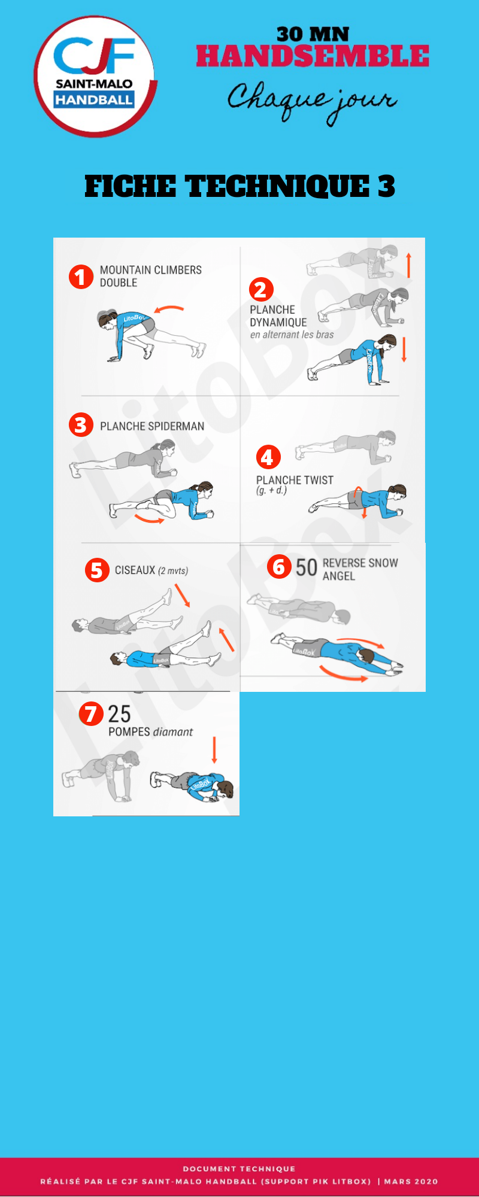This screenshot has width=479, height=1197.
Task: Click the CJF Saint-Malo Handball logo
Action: tap(95, 76)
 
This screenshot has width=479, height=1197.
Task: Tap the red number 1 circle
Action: tap(81, 277)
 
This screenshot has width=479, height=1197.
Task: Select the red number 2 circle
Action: tap(261, 290)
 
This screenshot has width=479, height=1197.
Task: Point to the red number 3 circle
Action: tap(81, 425)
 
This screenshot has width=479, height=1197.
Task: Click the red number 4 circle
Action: tap(268, 457)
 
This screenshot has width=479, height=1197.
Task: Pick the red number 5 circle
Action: tap(97, 570)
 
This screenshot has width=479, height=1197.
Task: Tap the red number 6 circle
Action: tap(279, 566)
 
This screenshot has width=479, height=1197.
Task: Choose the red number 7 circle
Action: tap(91, 713)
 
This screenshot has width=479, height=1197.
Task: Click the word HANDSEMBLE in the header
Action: tap(313, 56)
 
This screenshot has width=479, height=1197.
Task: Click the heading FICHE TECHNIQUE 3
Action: tap(239, 186)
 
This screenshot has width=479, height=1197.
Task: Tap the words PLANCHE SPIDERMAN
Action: tap(152, 426)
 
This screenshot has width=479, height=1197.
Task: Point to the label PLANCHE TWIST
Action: tap(295, 480)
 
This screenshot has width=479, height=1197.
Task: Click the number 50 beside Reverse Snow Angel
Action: tap(306, 567)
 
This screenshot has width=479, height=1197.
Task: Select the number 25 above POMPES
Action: tap(119, 714)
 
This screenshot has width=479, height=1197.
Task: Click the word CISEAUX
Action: tap(135, 570)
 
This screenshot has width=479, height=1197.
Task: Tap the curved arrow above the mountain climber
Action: tap(169, 309)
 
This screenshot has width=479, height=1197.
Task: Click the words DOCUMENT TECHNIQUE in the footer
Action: tap(239, 1168)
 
